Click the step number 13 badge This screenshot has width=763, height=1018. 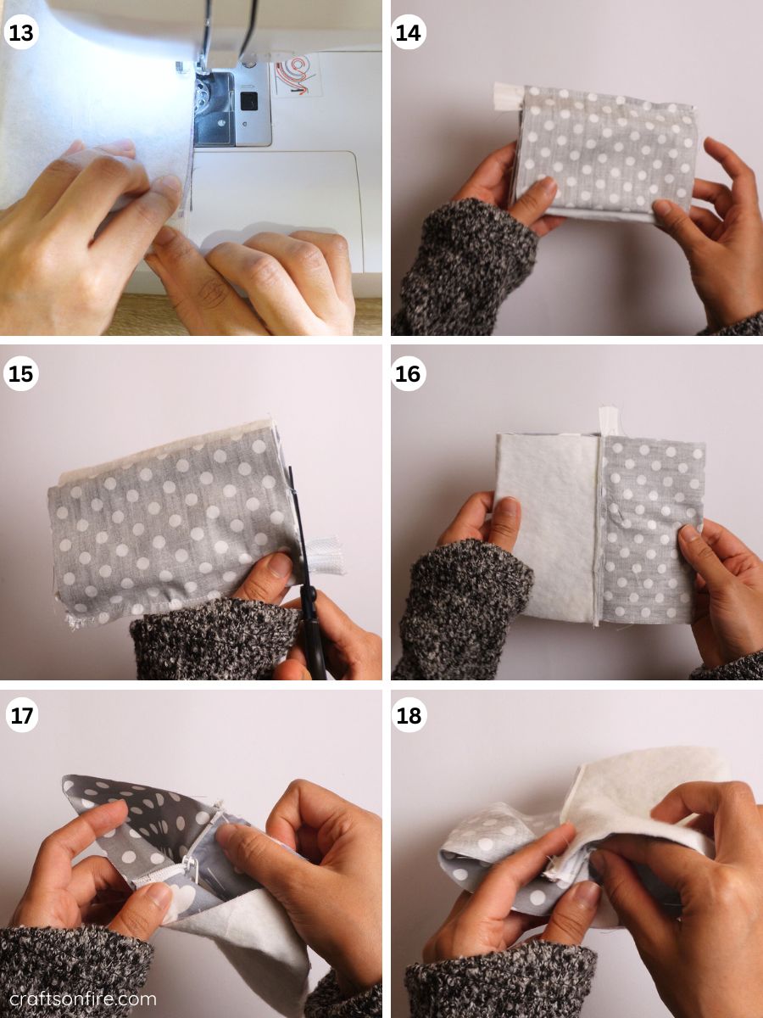point(22,32)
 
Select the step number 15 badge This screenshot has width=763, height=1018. point(22,374)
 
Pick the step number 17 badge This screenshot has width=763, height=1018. point(22,715)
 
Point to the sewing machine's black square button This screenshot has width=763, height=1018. point(248,102)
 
